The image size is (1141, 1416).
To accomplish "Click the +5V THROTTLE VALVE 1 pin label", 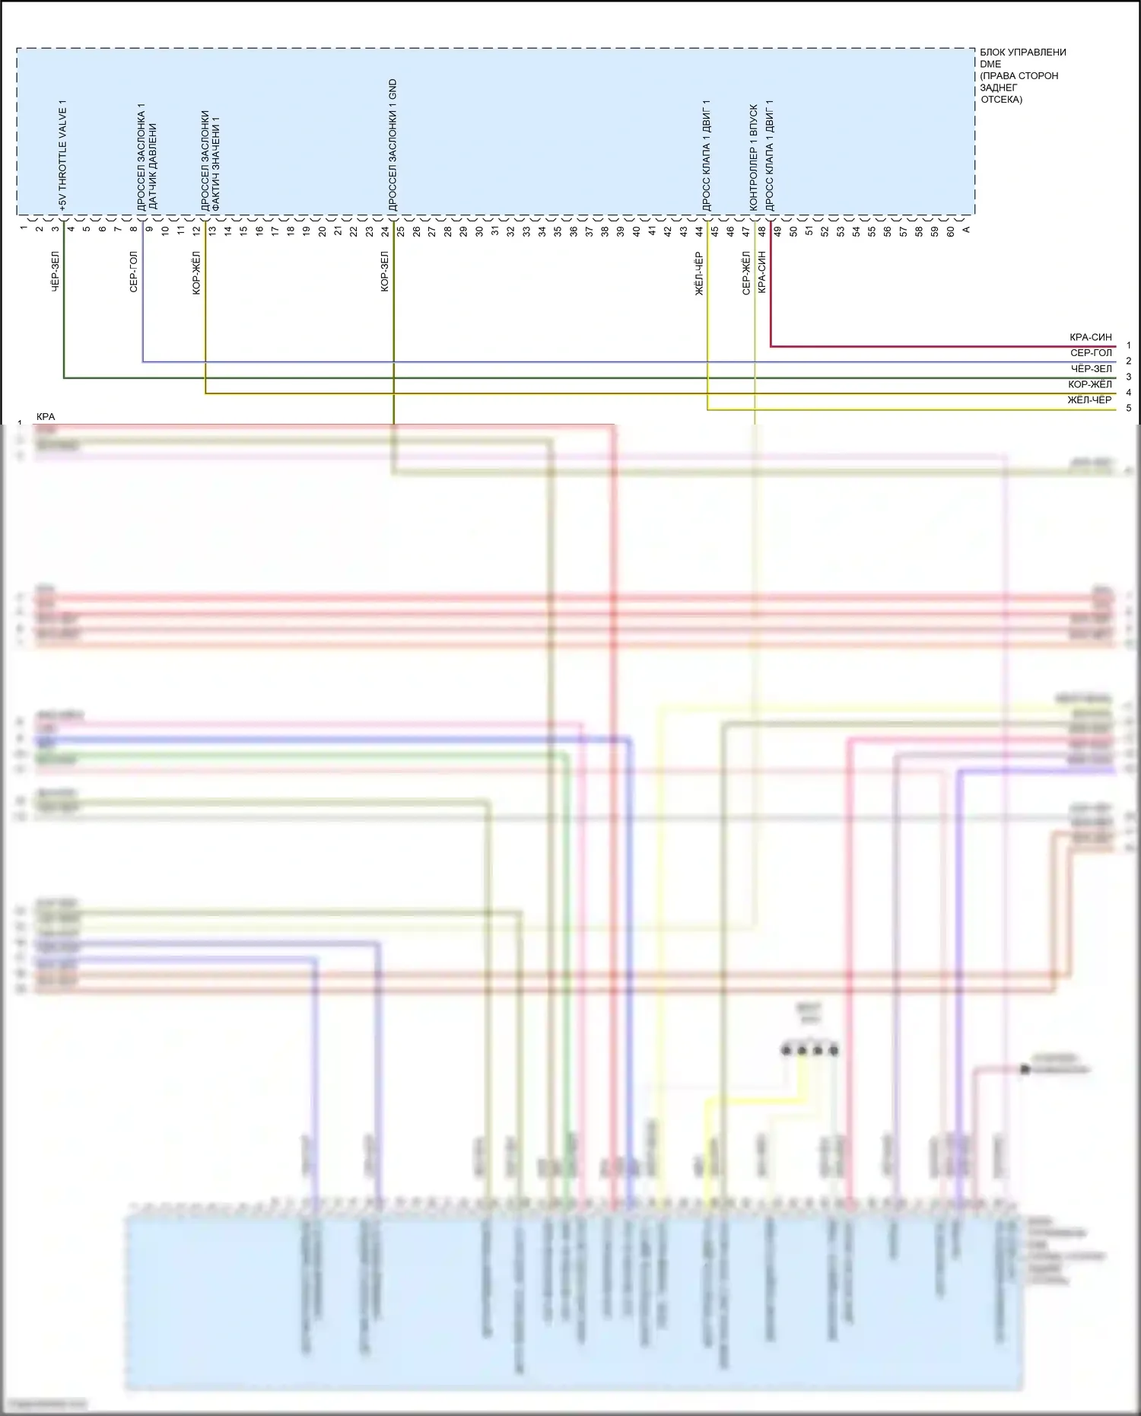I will [62, 155].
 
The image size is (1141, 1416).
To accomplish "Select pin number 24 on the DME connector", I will [385, 231].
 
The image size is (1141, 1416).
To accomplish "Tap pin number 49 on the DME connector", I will [777, 231].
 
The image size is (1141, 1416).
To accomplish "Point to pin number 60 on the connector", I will [950, 231].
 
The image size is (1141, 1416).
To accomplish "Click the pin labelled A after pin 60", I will [966, 230].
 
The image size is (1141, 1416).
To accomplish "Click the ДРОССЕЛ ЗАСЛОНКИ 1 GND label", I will [393, 145].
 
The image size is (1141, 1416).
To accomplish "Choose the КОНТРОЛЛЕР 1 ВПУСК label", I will [754, 158].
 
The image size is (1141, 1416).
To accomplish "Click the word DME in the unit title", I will [990, 65].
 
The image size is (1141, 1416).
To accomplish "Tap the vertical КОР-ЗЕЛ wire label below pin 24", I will [385, 272].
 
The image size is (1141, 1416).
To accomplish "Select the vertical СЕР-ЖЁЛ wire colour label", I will [746, 273].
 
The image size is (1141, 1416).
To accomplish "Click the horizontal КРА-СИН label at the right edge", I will [1090, 337].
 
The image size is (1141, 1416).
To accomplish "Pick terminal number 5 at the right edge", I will [1128, 409].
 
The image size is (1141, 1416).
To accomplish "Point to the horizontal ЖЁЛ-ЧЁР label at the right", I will [1089, 400].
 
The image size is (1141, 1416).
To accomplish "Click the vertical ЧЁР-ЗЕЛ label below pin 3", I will [56, 272].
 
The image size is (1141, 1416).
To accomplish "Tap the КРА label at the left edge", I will [46, 417].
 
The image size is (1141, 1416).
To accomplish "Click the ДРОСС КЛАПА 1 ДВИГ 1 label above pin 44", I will [706, 155].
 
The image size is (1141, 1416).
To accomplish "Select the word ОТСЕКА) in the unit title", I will [1001, 100].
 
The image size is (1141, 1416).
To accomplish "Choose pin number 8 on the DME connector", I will [134, 229].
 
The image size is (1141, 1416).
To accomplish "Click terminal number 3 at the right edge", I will [1128, 377].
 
